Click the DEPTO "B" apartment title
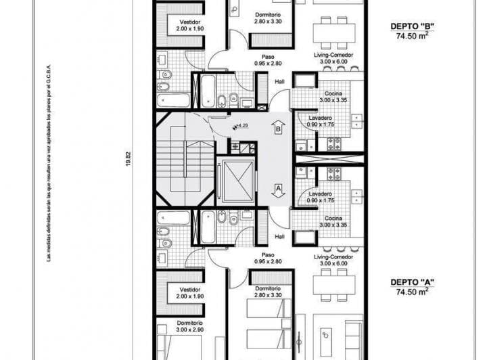tap(412, 27)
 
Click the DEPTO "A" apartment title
tap(412, 282)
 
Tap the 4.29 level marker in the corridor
tap(241, 126)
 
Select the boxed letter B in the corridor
tap(277, 127)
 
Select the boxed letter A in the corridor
tap(277, 188)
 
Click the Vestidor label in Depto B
tap(181, 21)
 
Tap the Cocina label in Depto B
tap(332, 93)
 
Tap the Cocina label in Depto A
tap(332, 218)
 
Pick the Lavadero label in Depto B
tap(321, 116)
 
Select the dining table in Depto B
tap(333, 31)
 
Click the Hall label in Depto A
tap(279, 237)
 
